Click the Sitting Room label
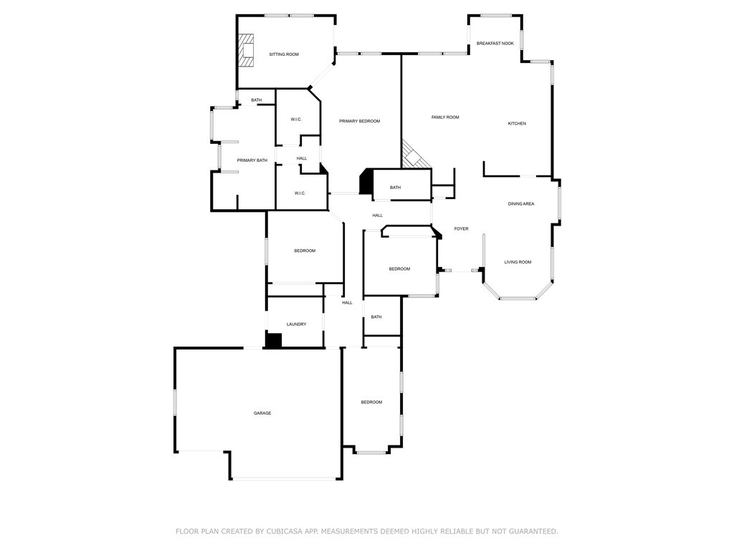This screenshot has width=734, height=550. click(284, 54)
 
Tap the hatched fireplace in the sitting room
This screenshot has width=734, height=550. click(247, 51)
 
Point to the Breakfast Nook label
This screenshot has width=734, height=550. click(495, 44)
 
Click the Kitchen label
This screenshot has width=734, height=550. click(517, 124)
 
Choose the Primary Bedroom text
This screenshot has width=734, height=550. click(359, 121)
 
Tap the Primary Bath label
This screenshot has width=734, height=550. click(252, 160)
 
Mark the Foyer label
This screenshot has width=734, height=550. click(461, 229)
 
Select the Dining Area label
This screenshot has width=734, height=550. click(521, 204)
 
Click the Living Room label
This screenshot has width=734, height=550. click(518, 262)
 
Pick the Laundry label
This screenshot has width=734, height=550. click(296, 324)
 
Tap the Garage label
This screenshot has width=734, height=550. click(262, 413)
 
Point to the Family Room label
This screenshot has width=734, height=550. click(445, 117)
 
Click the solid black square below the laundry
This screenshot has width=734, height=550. click(273, 341)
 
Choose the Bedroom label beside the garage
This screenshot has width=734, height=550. click(371, 402)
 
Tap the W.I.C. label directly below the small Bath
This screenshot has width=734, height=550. click(296, 120)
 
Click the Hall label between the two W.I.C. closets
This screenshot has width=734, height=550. click(302, 158)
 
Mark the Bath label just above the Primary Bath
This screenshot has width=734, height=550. click(256, 100)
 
